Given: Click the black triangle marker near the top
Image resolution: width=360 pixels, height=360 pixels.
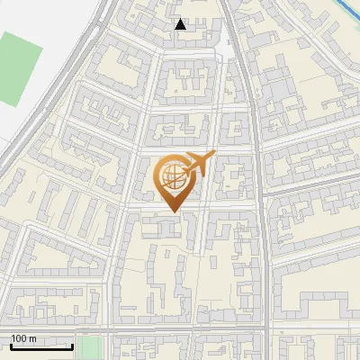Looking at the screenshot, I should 181,25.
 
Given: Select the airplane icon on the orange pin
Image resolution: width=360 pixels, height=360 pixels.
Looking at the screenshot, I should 197,166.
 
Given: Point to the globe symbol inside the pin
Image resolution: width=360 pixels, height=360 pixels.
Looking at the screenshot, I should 171,174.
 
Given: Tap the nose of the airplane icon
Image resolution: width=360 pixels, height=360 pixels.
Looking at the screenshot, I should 214,156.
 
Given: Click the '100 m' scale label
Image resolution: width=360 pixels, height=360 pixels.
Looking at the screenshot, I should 23,338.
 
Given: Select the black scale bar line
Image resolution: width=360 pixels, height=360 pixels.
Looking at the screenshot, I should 41,346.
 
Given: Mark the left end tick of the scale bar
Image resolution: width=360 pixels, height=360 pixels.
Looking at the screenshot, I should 11,345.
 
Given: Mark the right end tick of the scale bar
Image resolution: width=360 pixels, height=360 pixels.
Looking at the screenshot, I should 73,345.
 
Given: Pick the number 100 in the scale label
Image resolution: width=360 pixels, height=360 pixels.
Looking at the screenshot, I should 19,338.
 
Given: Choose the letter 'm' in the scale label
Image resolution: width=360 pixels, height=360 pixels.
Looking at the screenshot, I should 32,338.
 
